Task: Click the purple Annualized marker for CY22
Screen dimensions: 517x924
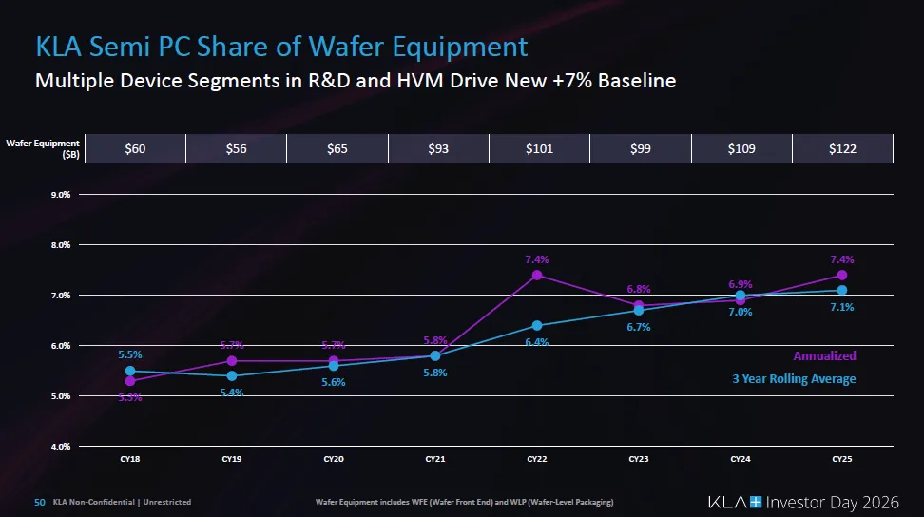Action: (537, 276)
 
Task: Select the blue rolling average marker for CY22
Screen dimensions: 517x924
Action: (537, 325)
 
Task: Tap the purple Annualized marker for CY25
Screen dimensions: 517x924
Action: (842, 276)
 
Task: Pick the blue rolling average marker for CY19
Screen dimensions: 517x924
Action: (232, 375)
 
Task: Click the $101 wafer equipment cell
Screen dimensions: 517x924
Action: (539, 148)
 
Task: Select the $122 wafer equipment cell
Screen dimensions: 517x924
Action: (841, 148)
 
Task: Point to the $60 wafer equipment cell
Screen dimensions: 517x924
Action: (135, 148)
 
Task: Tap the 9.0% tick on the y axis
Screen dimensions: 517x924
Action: (59, 195)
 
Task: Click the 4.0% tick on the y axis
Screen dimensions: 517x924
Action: (59, 446)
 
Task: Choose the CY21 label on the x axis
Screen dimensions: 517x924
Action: (435, 459)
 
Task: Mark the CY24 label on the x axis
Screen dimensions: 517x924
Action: (741, 459)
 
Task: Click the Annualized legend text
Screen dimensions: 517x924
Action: (824, 356)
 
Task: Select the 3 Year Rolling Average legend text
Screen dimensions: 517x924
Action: (794, 379)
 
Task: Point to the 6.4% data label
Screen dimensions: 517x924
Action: (537, 342)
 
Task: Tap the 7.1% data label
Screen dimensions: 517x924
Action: (842, 307)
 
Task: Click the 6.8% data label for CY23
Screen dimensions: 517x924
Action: (639, 290)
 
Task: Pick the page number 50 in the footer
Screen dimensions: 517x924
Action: (40, 502)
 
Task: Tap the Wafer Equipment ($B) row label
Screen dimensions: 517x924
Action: (46, 148)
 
